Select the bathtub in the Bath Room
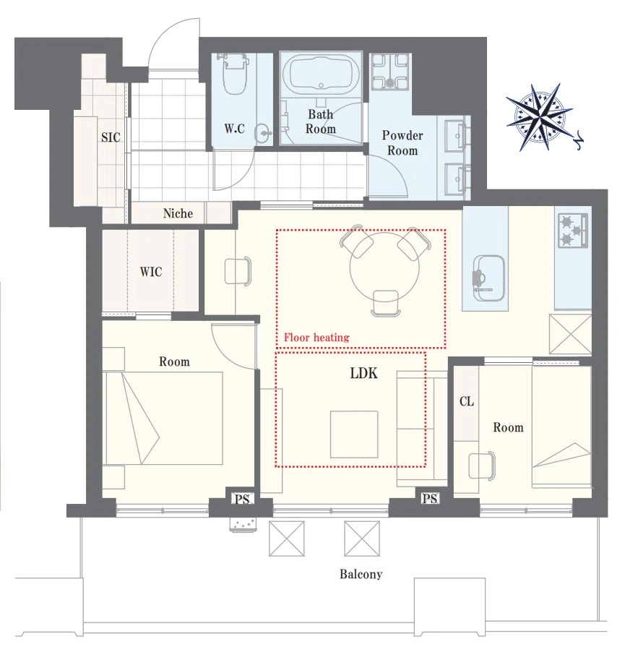pos(322,74)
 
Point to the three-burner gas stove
pos(573,231)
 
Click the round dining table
pos(384,267)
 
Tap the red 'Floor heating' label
pos(316,338)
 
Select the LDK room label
pos(363,373)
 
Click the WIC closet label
pos(150,272)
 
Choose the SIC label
pos(111,137)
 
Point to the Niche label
pos(178,213)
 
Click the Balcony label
pos(361,574)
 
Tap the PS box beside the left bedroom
pos(242,499)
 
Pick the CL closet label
pos(467,401)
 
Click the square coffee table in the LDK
pos(354,434)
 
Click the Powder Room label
pos(402,142)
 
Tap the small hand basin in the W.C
pos(263,132)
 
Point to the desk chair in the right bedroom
pos(482,466)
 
